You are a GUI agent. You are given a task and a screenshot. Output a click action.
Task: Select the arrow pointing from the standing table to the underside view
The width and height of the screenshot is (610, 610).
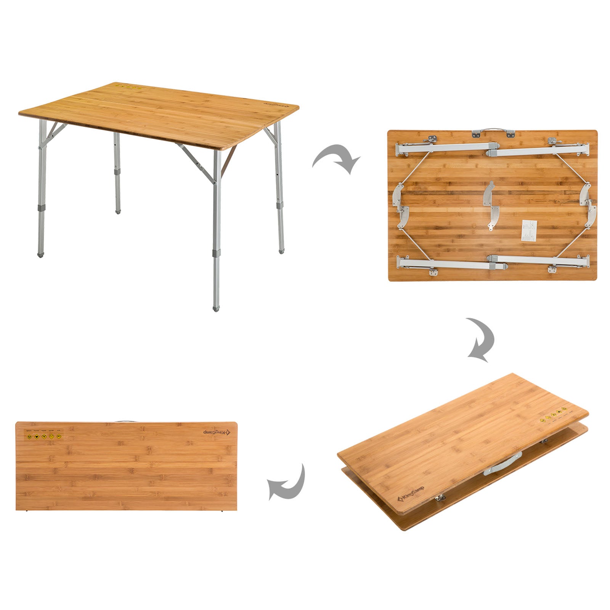coord(336,159)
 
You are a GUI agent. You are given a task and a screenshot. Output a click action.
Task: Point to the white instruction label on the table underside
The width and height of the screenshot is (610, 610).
coord(529,231)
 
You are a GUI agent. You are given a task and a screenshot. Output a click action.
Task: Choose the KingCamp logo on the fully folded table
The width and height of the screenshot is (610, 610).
coord(216,432)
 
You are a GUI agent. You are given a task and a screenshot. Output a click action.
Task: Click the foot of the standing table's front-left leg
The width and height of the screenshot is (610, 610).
coord(40,254)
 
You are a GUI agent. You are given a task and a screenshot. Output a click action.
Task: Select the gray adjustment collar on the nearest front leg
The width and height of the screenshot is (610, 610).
coord(216,254)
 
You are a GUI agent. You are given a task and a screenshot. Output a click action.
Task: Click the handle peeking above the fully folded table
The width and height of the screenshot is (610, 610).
coord(124,421)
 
